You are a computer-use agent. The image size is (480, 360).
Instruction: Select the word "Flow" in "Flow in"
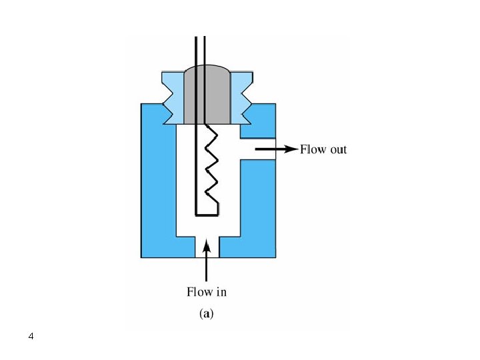[x=199, y=291]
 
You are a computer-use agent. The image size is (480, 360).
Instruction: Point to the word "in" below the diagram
[x=221, y=291]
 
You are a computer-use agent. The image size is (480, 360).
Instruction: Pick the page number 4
[x=31, y=336]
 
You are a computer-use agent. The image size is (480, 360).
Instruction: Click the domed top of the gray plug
[x=207, y=69]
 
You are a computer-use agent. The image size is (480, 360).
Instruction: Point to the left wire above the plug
[x=195, y=50]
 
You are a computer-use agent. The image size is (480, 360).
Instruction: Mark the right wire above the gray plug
[x=205, y=50]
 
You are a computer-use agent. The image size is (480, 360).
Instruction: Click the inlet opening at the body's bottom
[x=207, y=247]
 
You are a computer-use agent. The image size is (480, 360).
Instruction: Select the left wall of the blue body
[x=158, y=180]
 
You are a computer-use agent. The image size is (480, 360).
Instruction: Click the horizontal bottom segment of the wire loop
[x=207, y=214]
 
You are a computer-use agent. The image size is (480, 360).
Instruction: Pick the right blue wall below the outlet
[x=257, y=200]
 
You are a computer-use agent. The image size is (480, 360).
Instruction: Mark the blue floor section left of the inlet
[x=177, y=246]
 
